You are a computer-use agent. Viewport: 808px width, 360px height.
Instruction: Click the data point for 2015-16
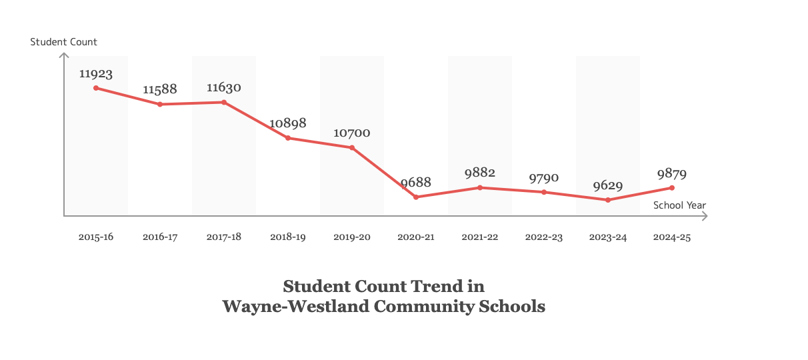[x=96, y=88]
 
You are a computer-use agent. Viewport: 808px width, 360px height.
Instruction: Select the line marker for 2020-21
[x=416, y=197]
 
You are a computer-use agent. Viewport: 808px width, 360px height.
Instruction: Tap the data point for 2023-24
[x=608, y=200]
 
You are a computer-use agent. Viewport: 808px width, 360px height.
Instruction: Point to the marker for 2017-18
[x=224, y=102]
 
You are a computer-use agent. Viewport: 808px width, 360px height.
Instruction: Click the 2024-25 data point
[x=672, y=188]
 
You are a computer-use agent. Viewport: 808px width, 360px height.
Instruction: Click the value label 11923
[x=96, y=73]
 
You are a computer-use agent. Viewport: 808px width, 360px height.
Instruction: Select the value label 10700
[x=352, y=133]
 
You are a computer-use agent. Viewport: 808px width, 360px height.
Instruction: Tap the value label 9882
[x=480, y=173]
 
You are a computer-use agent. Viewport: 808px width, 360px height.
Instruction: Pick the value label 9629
[x=608, y=185]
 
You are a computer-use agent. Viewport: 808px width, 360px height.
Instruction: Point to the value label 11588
[x=160, y=89]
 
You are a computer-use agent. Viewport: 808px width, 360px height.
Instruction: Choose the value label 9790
[x=544, y=178]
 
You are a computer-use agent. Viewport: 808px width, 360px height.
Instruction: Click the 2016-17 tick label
[x=160, y=237]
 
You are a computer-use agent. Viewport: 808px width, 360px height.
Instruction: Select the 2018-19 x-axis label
[x=288, y=237]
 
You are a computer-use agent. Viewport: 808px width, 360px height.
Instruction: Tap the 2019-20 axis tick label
[x=352, y=237]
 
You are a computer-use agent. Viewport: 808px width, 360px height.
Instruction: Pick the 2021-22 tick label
[x=480, y=237]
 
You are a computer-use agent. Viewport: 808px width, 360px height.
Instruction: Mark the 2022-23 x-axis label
[x=544, y=237]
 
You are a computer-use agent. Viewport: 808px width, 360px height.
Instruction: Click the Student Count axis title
[x=64, y=42]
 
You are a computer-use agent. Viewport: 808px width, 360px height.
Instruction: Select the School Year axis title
[x=679, y=205]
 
